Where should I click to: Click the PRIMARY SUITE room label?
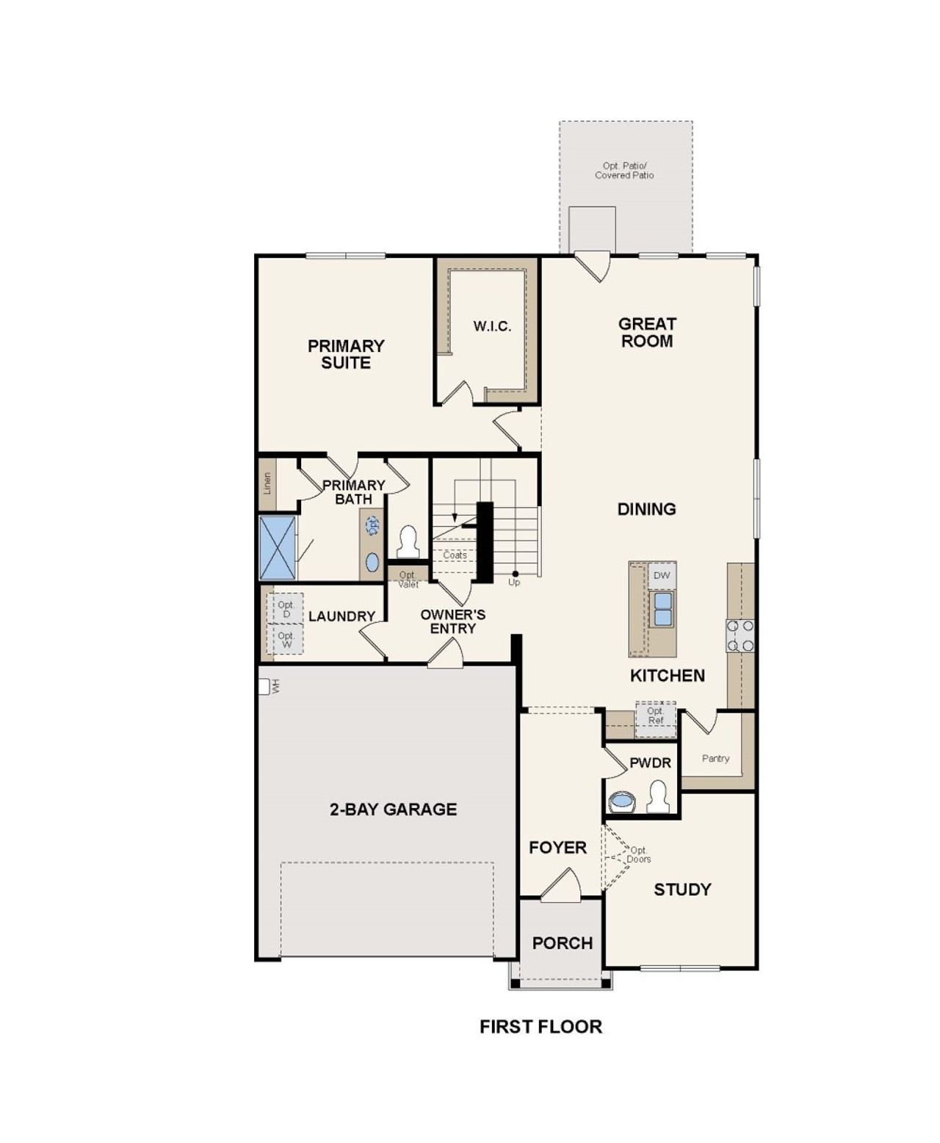[346, 354]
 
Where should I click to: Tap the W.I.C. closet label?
[492, 326]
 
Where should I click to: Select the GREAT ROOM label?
[646, 332]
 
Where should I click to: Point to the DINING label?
[646, 508]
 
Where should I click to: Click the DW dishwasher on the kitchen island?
[662, 576]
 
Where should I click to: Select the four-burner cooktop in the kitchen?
[740, 636]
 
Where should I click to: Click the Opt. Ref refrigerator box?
[655, 715]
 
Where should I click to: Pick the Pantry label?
[715, 758]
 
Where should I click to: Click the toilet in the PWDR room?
[658, 797]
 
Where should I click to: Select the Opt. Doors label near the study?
[638, 854]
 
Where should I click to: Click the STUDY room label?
[682, 890]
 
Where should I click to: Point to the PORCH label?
[562, 943]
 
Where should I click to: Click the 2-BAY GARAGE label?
[393, 810]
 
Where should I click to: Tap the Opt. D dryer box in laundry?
[286, 609]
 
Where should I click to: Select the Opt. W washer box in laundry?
[286, 640]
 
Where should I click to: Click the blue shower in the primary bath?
[278, 548]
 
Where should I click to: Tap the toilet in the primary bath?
[407, 543]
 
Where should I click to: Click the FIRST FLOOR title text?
[540, 1027]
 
